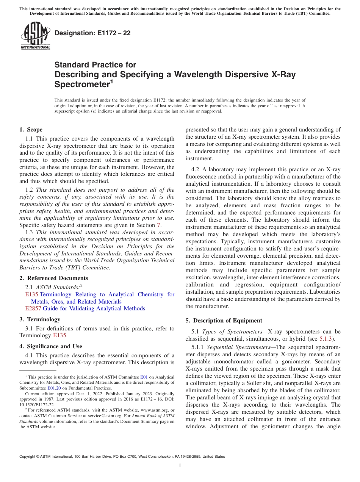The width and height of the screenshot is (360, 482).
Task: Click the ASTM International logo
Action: tap(35, 36)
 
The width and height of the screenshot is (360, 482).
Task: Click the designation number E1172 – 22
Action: tap(93, 33)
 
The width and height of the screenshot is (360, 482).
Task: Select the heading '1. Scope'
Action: tap(31, 130)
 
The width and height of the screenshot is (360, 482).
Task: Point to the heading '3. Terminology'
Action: tap(40, 319)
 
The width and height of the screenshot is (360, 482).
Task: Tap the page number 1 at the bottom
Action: tap(180, 466)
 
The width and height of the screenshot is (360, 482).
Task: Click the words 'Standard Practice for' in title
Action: tap(95, 65)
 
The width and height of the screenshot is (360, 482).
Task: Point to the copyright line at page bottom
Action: tap(122, 457)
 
